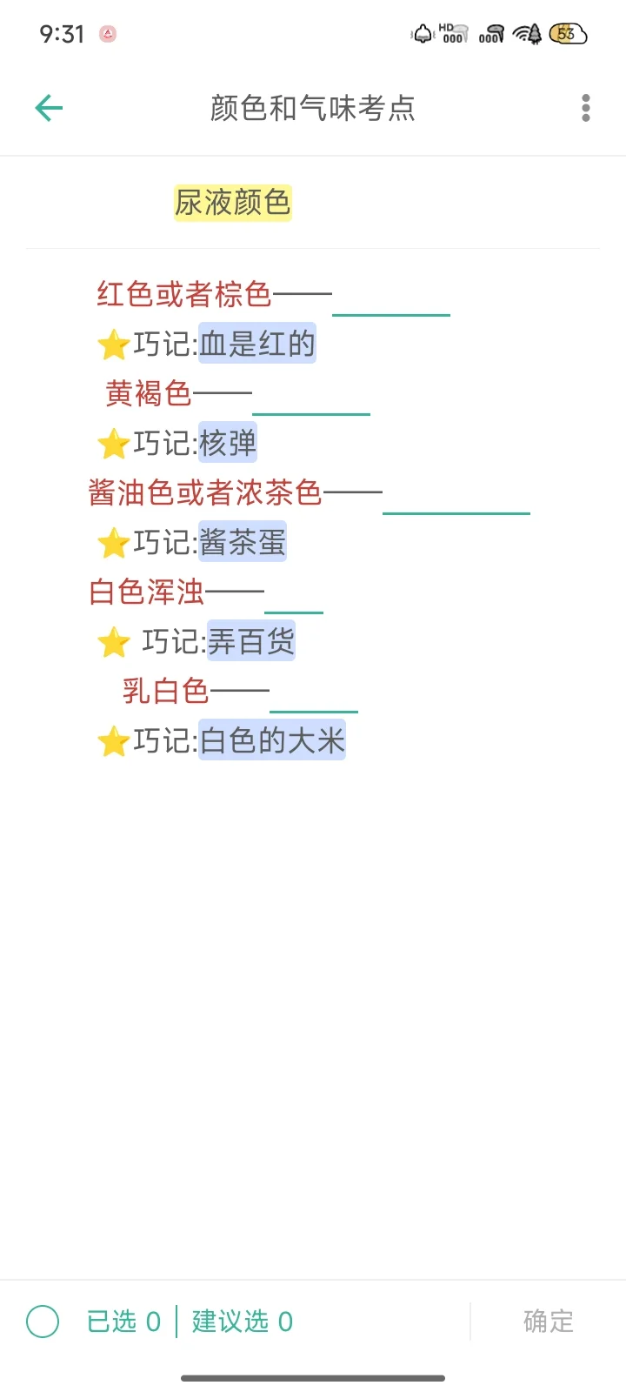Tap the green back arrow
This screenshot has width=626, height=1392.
(49, 108)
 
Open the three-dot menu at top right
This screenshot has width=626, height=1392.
(586, 108)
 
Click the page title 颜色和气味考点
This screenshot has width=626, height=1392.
(313, 108)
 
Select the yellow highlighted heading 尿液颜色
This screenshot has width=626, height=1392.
(232, 203)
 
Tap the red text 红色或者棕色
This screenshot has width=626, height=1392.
(184, 294)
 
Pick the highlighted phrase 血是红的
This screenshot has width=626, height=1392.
(257, 344)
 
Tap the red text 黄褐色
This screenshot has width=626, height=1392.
(149, 393)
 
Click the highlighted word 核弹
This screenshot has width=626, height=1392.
(228, 443)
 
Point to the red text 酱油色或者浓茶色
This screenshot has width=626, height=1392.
(205, 492)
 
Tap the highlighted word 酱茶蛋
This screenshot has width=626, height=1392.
(243, 542)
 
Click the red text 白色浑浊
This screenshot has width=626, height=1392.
(147, 592)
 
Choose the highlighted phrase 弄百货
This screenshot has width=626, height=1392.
(251, 641)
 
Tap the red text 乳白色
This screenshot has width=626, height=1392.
(166, 691)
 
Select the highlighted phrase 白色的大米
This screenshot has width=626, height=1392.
(272, 740)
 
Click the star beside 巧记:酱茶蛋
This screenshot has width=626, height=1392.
(114, 544)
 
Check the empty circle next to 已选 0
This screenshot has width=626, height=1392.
(43, 1322)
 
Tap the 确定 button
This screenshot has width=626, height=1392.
(549, 1322)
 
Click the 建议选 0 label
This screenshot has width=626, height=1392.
(243, 1322)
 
